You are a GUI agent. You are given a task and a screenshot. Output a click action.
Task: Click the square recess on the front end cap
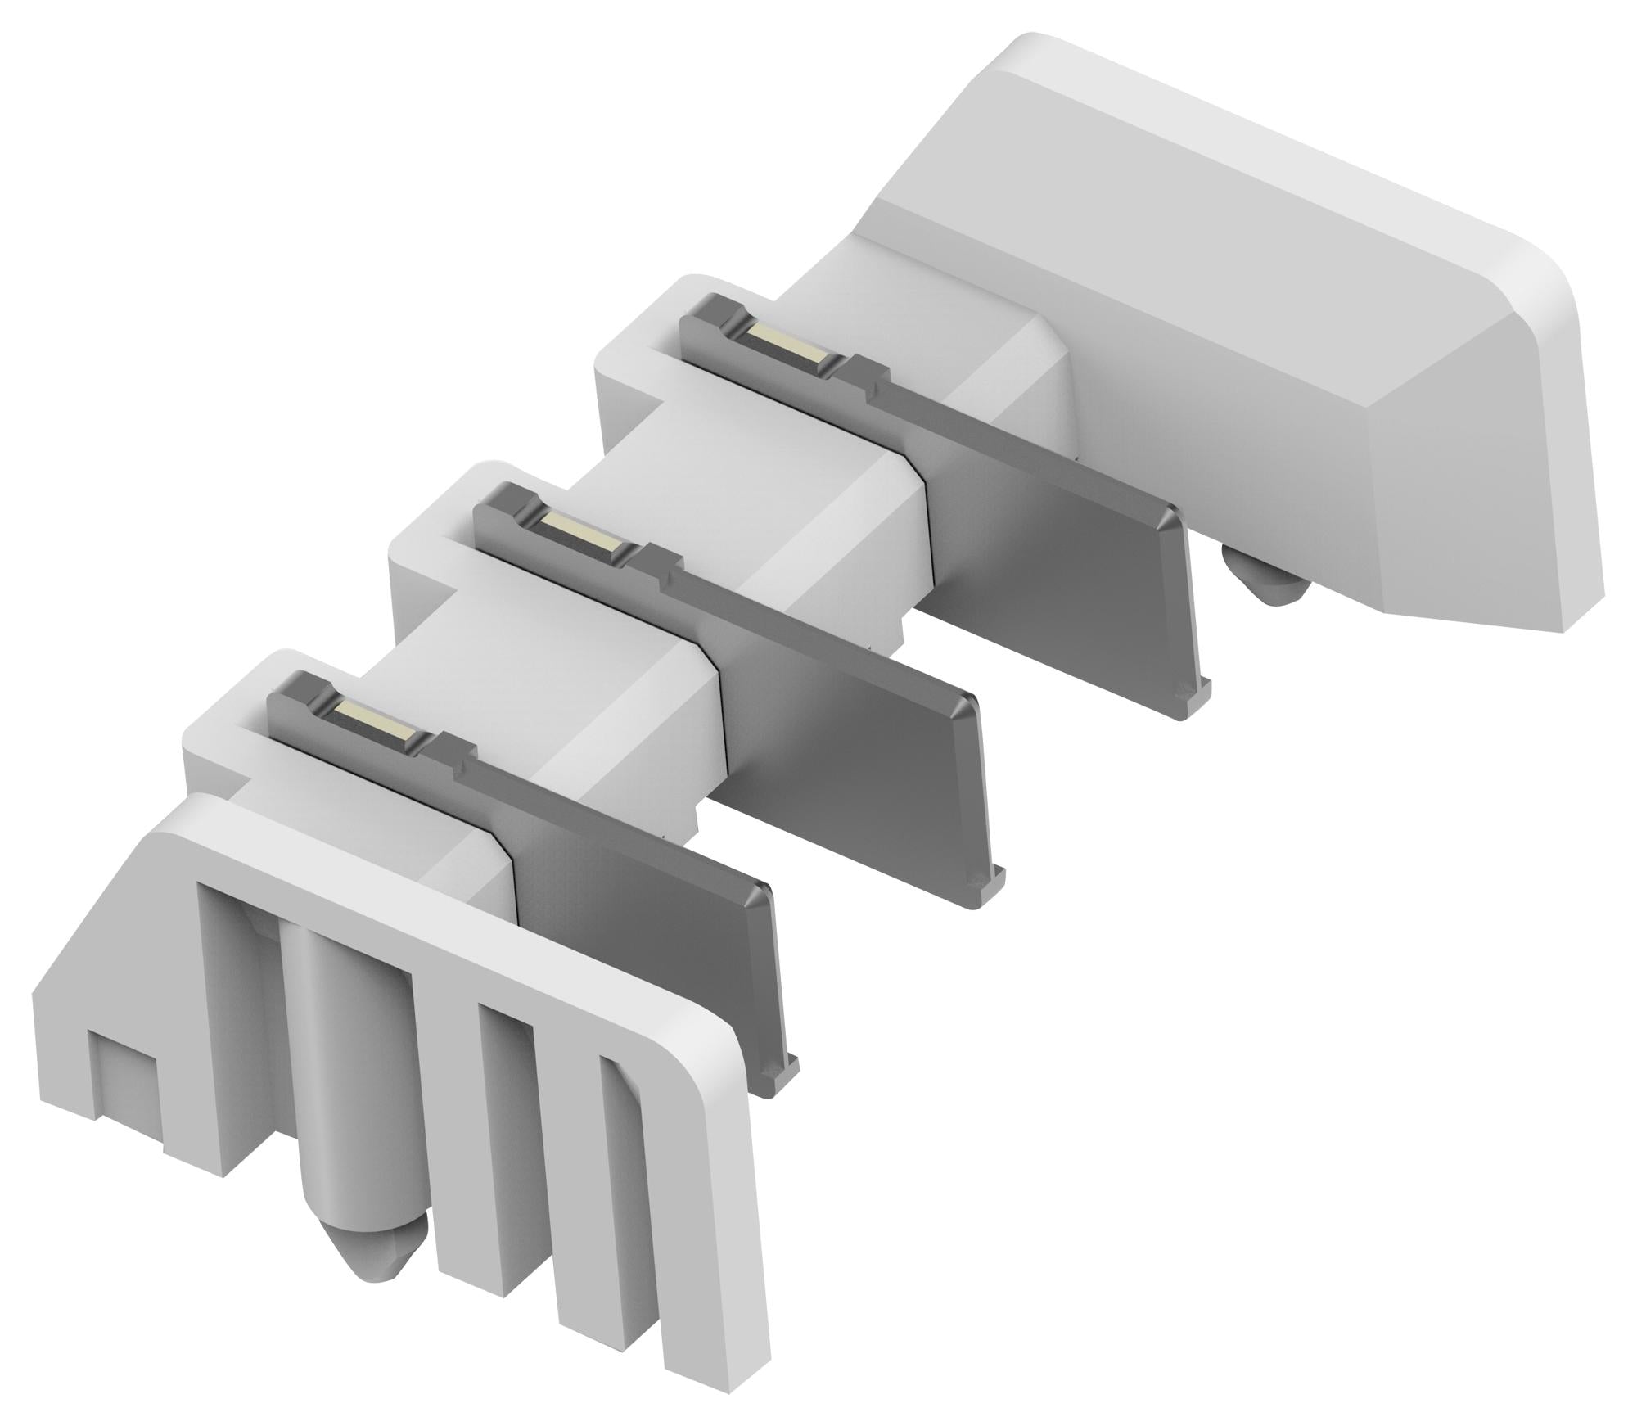tap(123, 1068)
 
